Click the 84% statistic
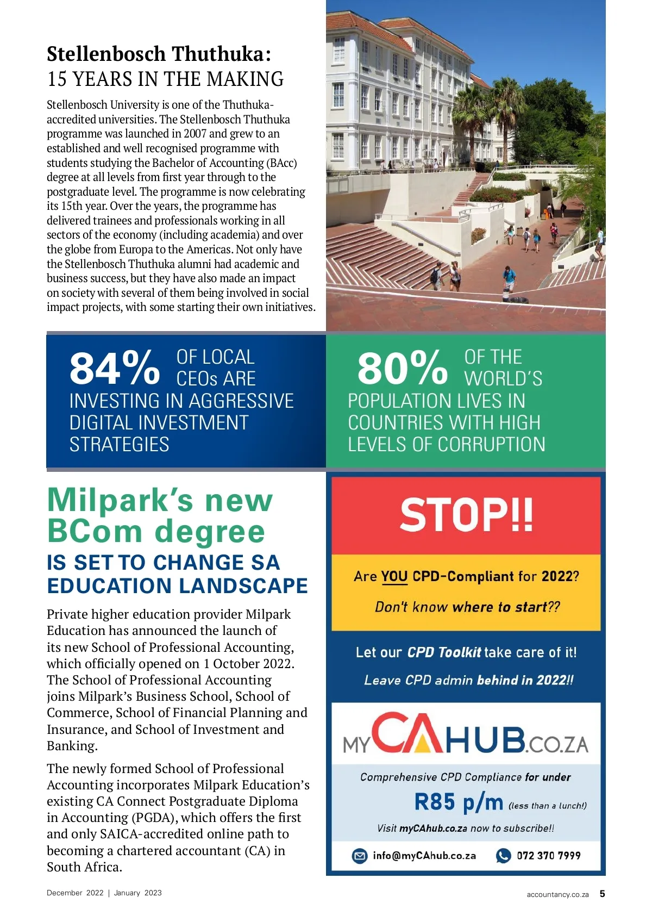point(115,368)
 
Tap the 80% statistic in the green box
point(403,368)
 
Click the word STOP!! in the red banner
point(466,515)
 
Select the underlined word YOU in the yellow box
point(394,576)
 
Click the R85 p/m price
point(459,802)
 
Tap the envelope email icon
point(360,856)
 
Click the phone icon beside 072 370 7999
point(503,856)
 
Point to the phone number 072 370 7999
point(548,856)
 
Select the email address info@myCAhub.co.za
point(424,856)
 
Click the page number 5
point(602,894)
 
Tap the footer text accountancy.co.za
point(557,894)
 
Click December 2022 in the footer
point(75,893)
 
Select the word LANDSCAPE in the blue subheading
point(243,586)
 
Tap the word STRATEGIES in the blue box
point(119,445)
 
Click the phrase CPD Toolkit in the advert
point(444,652)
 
